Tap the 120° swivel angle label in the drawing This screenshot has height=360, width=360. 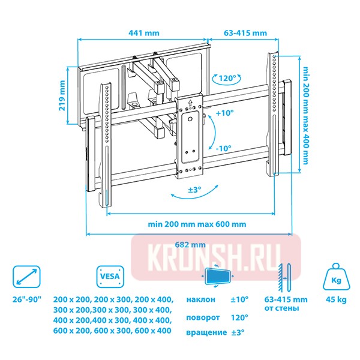[x=227, y=78]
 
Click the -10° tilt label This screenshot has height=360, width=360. [x=224, y=148]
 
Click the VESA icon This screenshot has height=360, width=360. [x=109, y=277]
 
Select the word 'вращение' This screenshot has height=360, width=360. [x=204, y=332]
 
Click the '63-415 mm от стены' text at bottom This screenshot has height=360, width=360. [x=286, y=304]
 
